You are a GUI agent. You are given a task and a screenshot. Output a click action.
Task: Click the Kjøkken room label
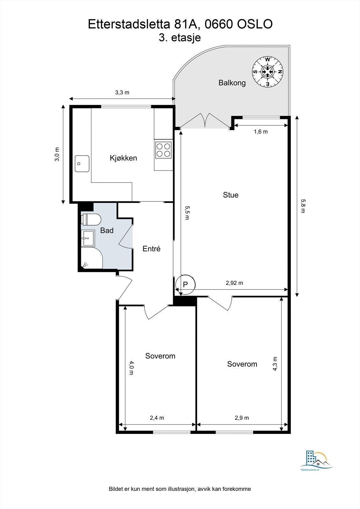123,158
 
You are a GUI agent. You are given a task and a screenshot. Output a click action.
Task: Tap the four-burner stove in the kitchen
163,150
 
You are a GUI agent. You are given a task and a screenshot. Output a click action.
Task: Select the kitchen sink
82,164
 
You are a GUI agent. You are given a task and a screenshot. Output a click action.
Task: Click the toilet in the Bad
92,220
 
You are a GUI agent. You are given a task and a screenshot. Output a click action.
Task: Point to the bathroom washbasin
88,238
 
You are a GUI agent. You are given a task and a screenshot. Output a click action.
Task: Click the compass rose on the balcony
268,72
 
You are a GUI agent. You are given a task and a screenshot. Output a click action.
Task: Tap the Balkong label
232,83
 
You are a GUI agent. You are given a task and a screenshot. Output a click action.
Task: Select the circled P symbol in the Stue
186,283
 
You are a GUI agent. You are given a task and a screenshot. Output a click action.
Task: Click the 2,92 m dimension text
234,283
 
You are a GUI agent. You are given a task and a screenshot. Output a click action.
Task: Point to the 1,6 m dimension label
260,131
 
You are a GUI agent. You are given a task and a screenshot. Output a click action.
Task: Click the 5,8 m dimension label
303,206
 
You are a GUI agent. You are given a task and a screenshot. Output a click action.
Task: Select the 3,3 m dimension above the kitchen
122,93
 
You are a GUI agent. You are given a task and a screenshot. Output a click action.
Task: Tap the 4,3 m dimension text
275,363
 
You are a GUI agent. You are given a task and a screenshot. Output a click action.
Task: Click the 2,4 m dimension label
157,418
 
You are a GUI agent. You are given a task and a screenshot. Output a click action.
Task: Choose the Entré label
152,249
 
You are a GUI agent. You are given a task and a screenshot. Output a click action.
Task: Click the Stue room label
230,195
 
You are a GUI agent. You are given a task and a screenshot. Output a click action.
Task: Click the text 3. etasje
180,38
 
